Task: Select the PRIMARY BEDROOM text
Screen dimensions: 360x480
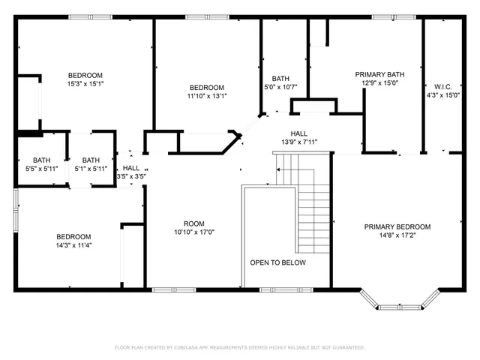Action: (x=397, y=226)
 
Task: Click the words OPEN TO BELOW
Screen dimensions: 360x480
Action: (x=277, y=262)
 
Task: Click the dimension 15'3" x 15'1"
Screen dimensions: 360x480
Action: (x=85, y=84)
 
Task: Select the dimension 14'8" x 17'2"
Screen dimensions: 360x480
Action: (x=397, y=236)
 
